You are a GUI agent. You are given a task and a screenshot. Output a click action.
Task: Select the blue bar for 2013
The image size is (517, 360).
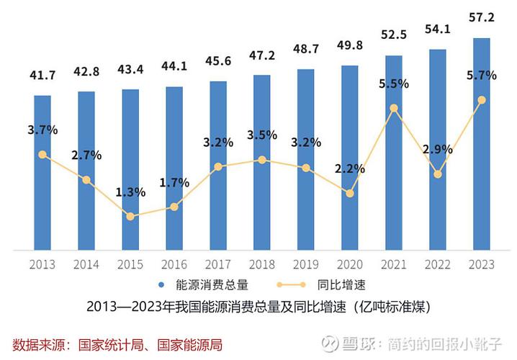tap(42, 173)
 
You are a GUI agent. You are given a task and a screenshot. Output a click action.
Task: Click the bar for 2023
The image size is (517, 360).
tap(482, 144)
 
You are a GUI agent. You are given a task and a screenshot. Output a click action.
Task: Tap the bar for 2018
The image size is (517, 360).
tap(262, 162)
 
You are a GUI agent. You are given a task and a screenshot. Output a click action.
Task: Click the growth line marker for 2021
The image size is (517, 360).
tap(394, 109)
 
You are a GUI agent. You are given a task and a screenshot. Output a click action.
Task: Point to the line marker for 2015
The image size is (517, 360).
tap(130, 216)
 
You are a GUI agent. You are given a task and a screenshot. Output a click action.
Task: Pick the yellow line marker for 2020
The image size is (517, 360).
tap(350, 193)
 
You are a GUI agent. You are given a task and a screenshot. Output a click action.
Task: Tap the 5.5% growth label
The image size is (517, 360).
tap(394, 84)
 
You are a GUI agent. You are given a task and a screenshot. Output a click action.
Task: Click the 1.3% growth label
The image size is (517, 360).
tap(130, 192)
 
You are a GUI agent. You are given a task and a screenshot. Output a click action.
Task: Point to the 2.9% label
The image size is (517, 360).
tap(438, 150)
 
